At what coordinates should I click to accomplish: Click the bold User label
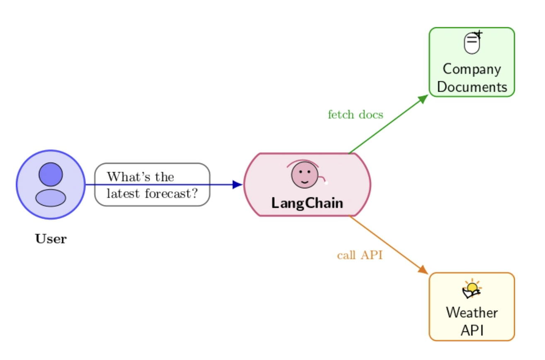click(51, 239)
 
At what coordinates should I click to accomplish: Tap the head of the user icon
click(51, 174)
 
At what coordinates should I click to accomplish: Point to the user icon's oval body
click(51, 198)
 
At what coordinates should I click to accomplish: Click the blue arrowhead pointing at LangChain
click(238, 185)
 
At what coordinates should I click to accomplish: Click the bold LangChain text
click(307, 203)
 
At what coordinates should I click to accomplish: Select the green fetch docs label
click(355, 114)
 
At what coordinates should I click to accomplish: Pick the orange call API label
click(360, 255)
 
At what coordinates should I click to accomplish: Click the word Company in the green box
click(472, 69)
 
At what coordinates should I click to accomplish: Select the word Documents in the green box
click(472, 87)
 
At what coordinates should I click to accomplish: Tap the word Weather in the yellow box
click(472, 312)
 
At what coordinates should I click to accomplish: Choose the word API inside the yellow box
click(472, 331)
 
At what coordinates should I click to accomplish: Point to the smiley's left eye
click(300, 171)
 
